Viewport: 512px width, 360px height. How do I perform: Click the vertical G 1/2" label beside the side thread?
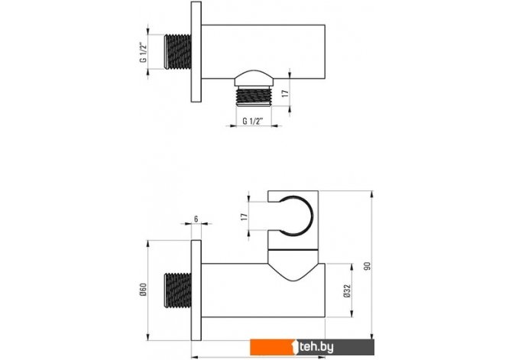(144, 52)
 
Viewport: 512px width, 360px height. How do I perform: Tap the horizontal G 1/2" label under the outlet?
(253, 121)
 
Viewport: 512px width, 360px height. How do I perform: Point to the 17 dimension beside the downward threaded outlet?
(285, 93)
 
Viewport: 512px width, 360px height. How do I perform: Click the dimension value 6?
(196, 219)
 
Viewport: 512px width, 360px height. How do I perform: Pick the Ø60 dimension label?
(144, 290)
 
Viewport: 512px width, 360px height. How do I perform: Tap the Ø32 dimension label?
(347, 290)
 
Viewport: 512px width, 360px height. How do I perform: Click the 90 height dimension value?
(368, 266)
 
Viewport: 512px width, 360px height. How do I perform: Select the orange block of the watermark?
(273, 347)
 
